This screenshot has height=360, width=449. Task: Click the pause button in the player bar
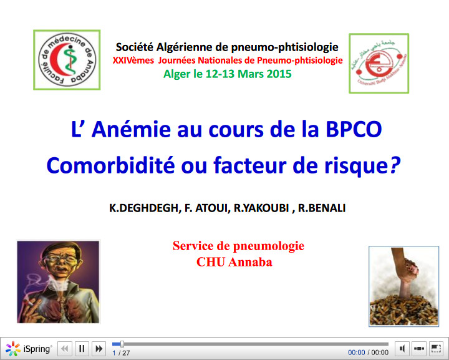click(x=82, y=349)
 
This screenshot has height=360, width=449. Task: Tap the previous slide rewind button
click(x=65, y=349)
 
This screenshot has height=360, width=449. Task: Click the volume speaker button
click(x=402, y=349)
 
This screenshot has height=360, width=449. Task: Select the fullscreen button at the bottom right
click(x=436, y=349)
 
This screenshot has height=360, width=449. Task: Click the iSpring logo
click(x=29, y=349)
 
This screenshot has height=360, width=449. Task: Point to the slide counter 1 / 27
click(x=121, y=353)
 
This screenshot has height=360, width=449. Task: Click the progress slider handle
click(x=122, y=344)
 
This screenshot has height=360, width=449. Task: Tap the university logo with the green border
click(x=379, y=64)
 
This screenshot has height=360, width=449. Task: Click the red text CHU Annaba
click(x=234, y=262)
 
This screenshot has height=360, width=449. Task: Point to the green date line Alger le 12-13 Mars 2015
click(x=227, y=74)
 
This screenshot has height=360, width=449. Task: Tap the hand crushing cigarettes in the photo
click(x=402, y=268)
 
